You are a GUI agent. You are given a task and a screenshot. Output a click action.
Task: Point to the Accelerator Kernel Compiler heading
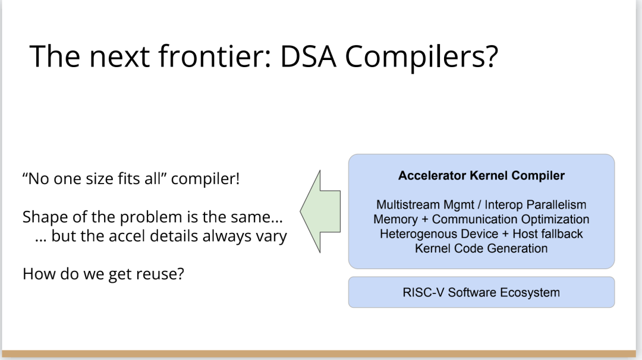tap(481, 176)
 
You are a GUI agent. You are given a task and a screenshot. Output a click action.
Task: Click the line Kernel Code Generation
tap(481, 248)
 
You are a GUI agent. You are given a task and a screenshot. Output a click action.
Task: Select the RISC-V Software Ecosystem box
tap(481, 292)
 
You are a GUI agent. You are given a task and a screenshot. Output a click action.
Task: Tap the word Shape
tap(42, 217)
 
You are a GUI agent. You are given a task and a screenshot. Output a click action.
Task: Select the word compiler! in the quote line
tap(206, 179)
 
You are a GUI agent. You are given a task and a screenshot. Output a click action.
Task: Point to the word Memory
tap(395, 219)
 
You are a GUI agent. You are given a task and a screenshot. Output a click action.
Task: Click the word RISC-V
tap(423, 292)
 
